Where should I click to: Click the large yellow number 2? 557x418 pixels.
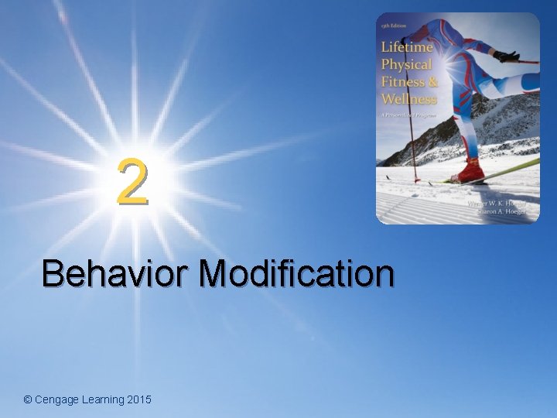click(132, 183)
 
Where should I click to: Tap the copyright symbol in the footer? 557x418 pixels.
click(28, 399)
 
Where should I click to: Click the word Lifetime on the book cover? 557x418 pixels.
click(406, 47)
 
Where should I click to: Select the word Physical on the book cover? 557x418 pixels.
click(406, 64)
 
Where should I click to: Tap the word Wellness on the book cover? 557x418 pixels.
click(408, 98)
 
